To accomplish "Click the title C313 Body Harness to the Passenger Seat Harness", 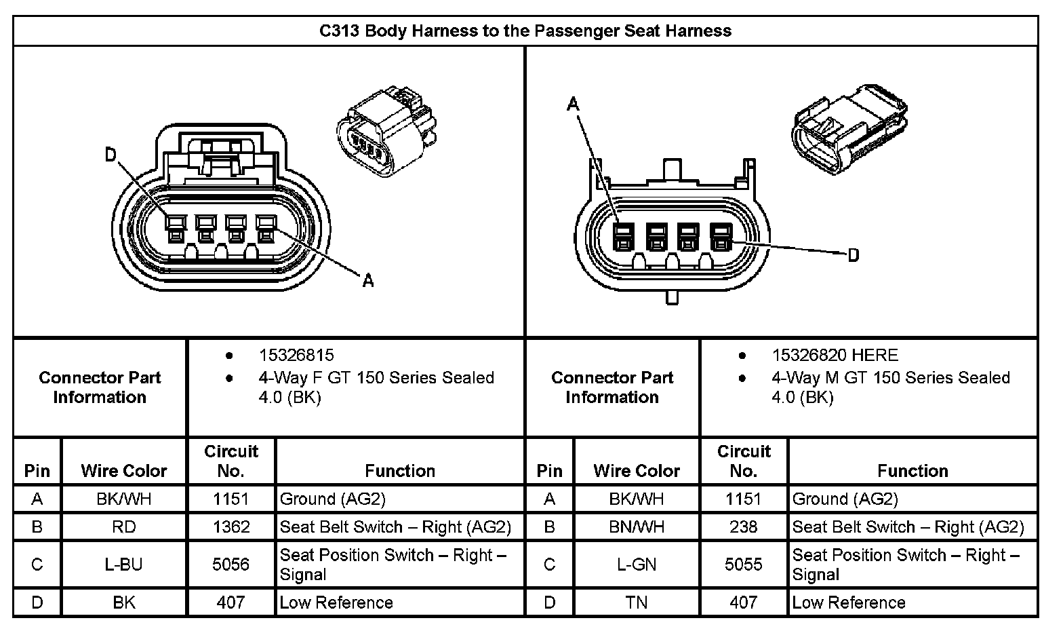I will (525, 31).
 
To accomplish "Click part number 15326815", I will (296, 356).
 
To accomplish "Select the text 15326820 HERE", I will (835, 356).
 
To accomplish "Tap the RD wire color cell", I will (124, 527).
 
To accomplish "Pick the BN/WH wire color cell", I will (637, 527).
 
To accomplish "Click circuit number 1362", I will (231, 527).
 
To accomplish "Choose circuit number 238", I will (744, 527).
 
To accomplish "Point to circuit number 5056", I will (231, 565).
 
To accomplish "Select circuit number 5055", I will (744, 565).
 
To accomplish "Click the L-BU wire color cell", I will (124, 565).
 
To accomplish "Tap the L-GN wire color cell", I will (637, 565).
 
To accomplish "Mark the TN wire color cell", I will (637, 603).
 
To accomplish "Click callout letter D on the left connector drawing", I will (111, 155).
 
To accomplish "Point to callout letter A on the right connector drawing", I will (574, 104).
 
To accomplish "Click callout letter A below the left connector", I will (368, 280).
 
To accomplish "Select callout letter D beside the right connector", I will (854, 255).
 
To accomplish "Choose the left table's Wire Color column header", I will (124, 471).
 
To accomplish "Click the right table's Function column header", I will (912, 471).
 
